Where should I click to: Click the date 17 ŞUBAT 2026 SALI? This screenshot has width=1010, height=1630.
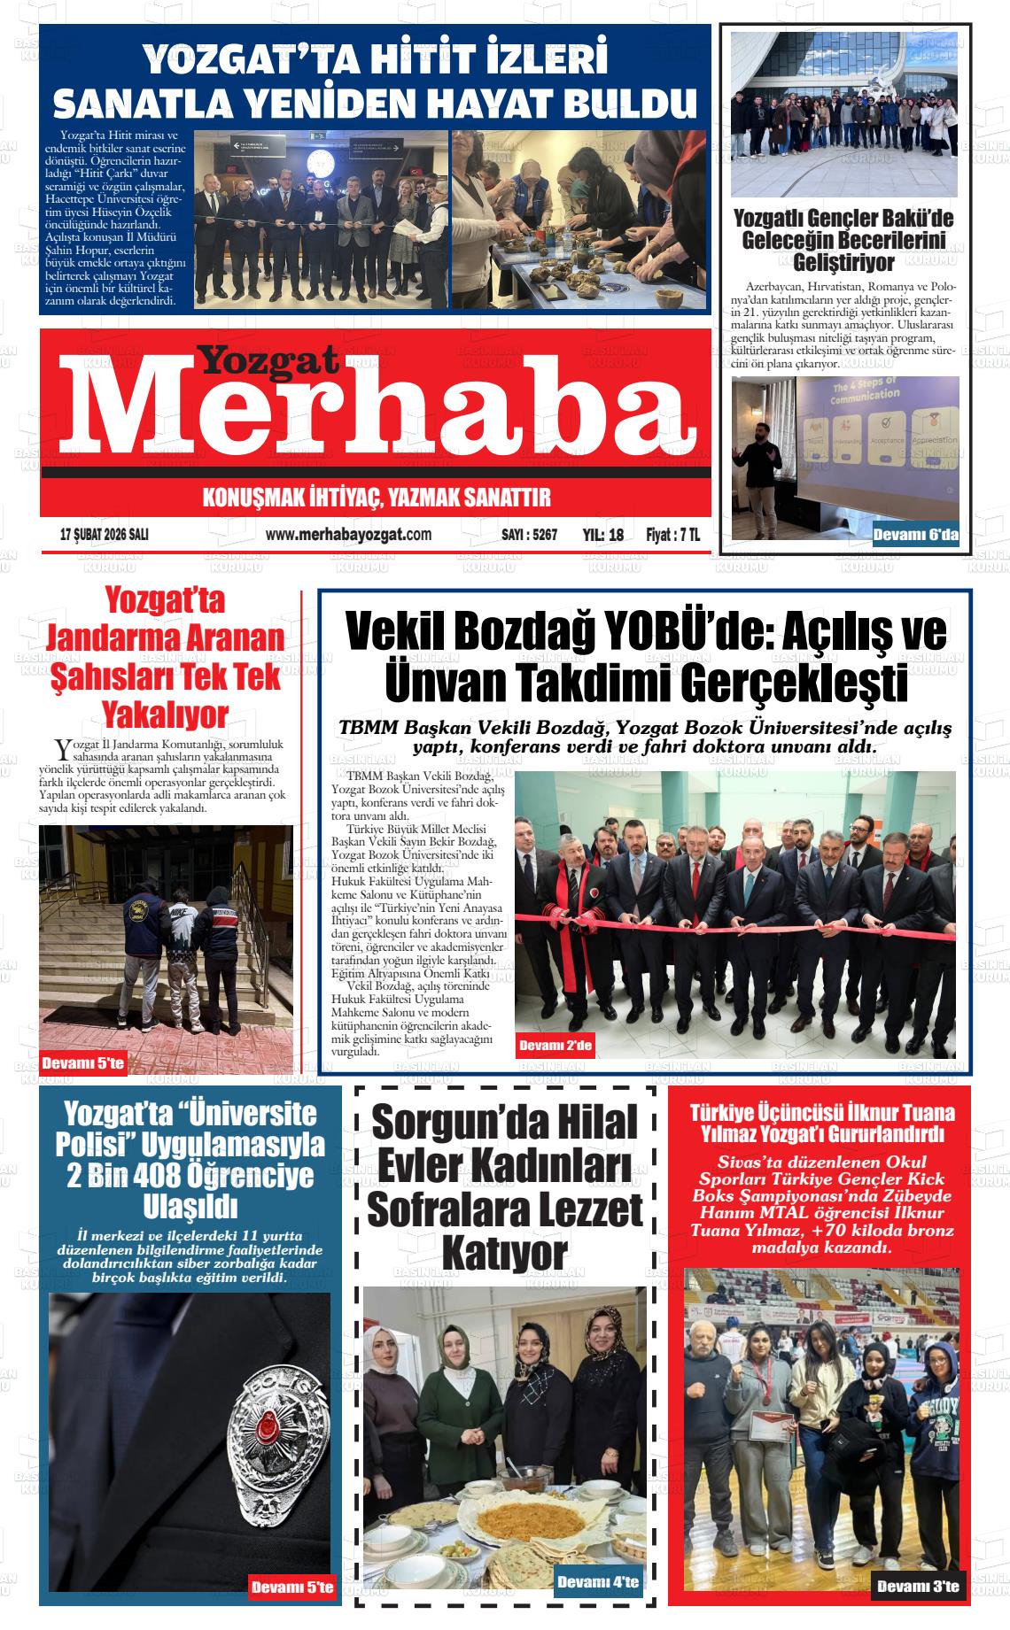coord(104,535)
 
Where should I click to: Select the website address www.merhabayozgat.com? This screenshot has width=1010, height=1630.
coord(348,535)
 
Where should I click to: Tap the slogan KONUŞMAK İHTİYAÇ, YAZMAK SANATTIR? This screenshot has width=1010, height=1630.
coord(377,498)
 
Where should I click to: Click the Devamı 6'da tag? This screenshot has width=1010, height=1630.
coord(915,534)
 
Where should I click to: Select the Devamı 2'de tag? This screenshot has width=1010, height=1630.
coord(555,1046)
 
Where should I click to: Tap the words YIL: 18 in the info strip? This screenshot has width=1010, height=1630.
coord(603,535)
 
